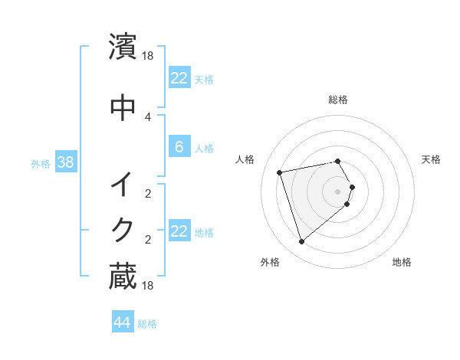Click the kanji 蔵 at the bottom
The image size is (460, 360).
[123, 276]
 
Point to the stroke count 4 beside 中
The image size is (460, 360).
[148, 116]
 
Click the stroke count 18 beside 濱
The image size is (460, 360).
[149, 56]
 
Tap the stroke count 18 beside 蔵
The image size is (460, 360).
[149, 286]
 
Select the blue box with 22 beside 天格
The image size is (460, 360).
[179, 77]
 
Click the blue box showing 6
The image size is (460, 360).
[179, 147]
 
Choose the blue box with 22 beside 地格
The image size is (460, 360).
[179, 231]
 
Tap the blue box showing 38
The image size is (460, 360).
[65, 162]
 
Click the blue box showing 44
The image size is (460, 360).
[122, 322]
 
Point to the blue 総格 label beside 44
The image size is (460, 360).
[147, 324]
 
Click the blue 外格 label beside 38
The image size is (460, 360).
[41, 163]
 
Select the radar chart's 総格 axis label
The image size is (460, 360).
[338, 100]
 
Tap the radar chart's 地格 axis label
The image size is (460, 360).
[402, 262]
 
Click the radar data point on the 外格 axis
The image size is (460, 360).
[301, 242]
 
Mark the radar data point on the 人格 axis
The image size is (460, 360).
[280, 172]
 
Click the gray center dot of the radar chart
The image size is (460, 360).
[338, 191]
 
